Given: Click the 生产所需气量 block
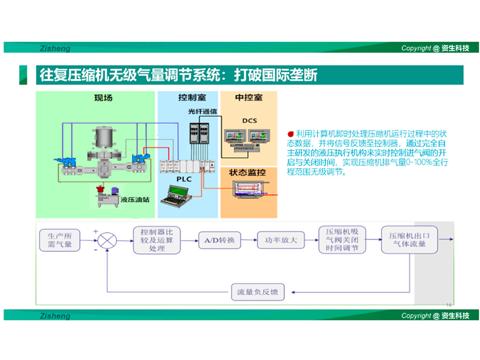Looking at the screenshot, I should [59, 239].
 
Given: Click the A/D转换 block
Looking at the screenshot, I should [220, 241].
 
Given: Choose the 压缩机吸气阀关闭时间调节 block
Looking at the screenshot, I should [342, 240].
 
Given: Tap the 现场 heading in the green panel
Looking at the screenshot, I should [103, 97].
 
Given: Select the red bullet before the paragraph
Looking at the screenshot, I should [290, 133].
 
